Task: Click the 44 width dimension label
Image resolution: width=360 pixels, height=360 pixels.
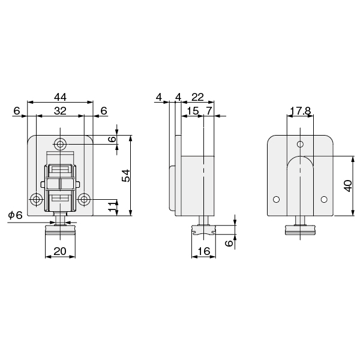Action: coord(60,97)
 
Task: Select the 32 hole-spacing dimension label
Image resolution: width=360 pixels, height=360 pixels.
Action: coord(60,111)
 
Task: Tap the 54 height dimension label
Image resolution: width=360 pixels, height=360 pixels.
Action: coord(126,176)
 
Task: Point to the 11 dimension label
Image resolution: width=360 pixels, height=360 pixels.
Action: coord(112,206)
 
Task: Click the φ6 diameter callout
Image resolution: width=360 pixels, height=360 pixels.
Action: coord(16,215)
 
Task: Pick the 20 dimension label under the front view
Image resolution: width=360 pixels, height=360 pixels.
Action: coord(60,251)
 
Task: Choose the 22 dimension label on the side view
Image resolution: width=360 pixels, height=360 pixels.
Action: coord(197,97)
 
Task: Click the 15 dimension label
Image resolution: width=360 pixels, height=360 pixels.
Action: coord(193,111)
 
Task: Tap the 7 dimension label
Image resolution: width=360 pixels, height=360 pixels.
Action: coord(209,111)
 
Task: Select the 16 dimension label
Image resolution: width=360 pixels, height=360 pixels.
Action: coord(203,251)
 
